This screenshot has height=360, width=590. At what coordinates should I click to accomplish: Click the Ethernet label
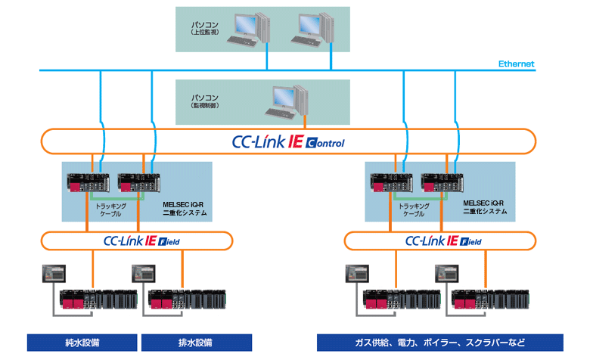click(517, 64)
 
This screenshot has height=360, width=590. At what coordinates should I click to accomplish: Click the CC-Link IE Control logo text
click(287, 141)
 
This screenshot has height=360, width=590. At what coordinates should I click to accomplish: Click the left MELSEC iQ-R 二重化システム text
click(185, 207)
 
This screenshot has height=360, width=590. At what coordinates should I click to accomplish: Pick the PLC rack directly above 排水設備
click(185, 300)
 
